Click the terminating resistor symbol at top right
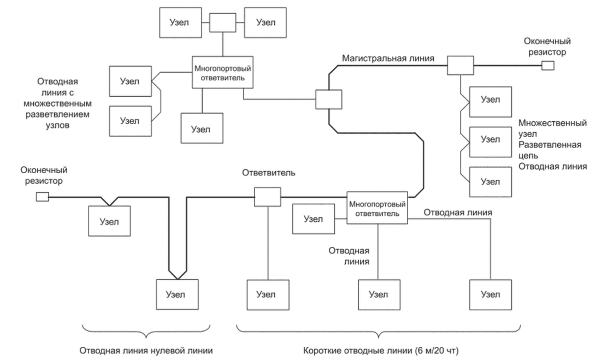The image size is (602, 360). point(547,66)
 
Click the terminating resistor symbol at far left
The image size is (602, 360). point(42,196)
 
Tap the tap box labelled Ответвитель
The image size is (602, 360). point(267,196)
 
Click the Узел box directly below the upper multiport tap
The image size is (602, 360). point(202,128)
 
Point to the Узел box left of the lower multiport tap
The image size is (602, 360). point(313,220)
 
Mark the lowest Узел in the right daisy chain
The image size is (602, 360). point(490,180)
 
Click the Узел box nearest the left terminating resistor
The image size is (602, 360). point(110,222)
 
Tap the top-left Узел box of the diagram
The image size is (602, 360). point(180,22)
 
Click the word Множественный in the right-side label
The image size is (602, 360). point(554,123)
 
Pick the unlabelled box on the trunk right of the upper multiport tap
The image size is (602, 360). point(329,101)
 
